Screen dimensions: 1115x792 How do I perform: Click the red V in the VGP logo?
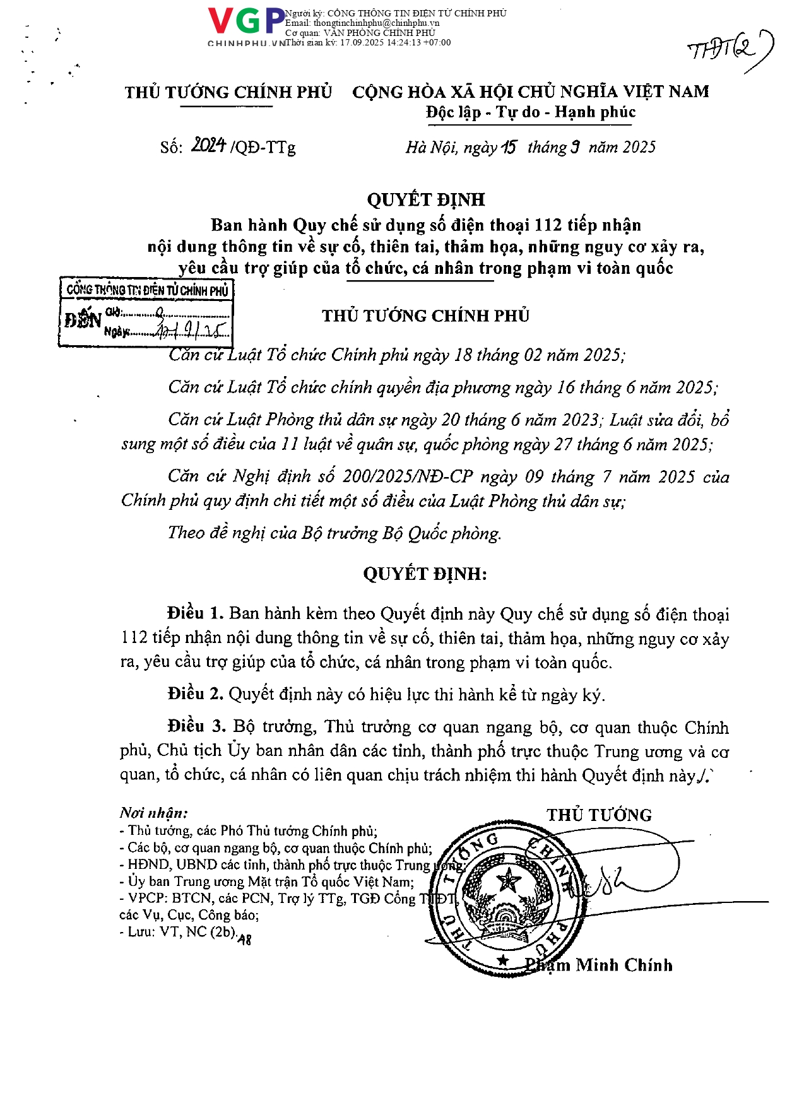pyautogui.click(x=221, y=21)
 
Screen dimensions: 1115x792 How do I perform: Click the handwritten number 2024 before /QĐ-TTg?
pyautogui.click(x=209, y=146)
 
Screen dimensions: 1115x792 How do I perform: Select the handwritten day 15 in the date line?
pyautogui.click(x=509, y=147)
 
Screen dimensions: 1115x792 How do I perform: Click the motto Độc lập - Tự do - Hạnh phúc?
pyautogui.click(x=530, y=112)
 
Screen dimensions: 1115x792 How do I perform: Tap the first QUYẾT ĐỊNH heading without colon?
pyautogui.click(x=426, y=199)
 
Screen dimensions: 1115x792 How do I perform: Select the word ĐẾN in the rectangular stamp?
pyautogui.click(x=83, y=320)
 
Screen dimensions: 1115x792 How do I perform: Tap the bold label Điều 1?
pyautogui.click(x=195, y=613)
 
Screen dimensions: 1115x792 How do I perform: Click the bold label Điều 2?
pyautogui.click(x=195, y=694)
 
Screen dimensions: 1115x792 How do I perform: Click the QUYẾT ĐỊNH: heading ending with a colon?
pyautogui.click(x=425, y=574)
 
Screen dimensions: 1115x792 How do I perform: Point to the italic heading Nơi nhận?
pyautogui.click(x=153, y=813)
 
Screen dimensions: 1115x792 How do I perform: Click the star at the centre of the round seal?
pyautogui.click(x=507, y=880)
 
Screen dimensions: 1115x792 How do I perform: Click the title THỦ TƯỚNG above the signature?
pyautogui.click(x=599, y=815)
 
